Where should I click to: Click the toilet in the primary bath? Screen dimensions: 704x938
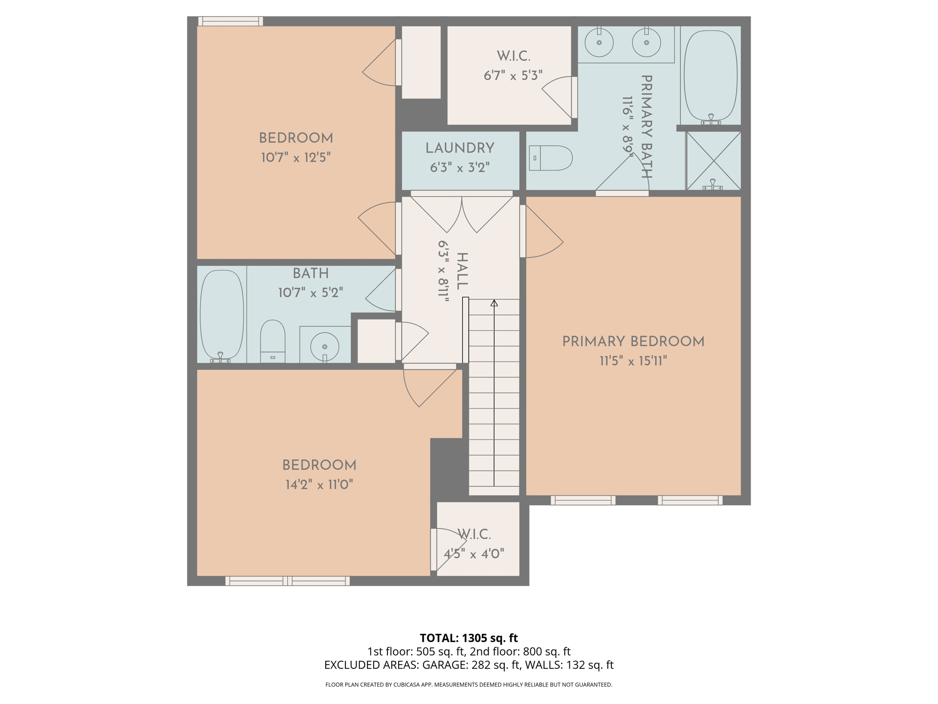coord(551,158)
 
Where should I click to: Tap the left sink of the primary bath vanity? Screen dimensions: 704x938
coord(599,43)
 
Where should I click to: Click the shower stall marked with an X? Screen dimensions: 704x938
coord(714,160)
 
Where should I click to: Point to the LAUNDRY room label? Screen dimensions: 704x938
coord(460,148)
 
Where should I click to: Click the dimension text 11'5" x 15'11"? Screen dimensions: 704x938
coord(633,362)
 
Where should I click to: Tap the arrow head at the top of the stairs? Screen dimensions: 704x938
coord(494,303)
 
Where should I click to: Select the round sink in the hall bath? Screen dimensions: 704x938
coord(325,346)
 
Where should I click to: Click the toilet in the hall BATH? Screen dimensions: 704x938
coord(273,341)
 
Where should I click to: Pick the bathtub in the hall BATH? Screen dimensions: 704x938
coord(222,314)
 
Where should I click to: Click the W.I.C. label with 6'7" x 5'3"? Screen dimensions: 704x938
coord(513,56)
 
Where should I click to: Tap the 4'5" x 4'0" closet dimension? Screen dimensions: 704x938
coord(474,554)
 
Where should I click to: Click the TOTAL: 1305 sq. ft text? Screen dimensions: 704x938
coord(469,638)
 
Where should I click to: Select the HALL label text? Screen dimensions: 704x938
coord(462,271)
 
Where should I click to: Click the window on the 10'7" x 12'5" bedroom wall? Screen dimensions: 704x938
coord(230,21)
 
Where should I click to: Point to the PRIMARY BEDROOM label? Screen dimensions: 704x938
coord(633,341)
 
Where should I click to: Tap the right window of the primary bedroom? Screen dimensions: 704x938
coord(690,500)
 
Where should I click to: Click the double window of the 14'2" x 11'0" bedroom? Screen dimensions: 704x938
coord(287,581)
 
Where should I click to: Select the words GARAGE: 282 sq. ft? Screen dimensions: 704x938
coord(471,665)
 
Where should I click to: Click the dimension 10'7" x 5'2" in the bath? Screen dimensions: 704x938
coord(311,292)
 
